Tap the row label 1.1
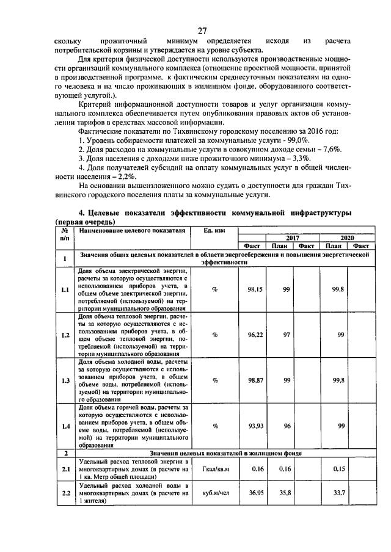click(64, 290)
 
